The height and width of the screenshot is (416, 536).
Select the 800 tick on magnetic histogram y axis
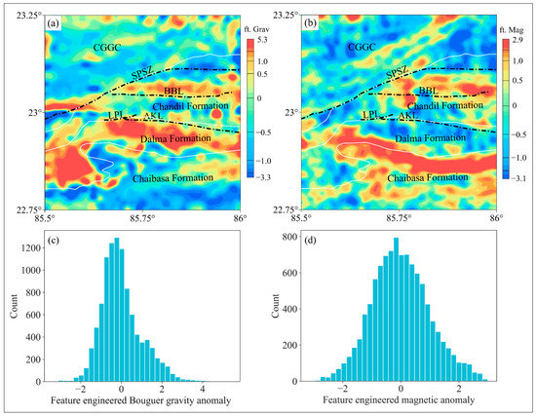click(290, 237)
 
